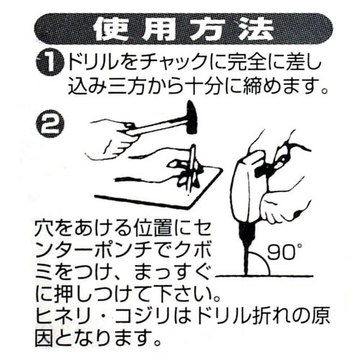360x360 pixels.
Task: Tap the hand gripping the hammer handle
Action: click(115, 138)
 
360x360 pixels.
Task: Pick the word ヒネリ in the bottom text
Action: click(61, 315)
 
